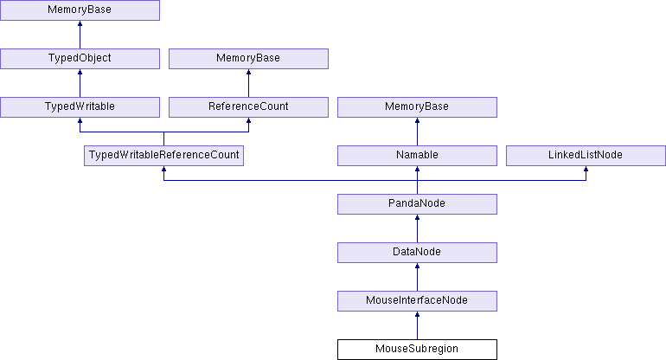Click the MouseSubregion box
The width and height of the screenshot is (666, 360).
(x=417, y=350)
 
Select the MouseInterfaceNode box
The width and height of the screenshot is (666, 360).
(x=417, y=301)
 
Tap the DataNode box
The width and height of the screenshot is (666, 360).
(x=417, y=253)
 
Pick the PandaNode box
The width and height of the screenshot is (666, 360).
(x=417, y=204)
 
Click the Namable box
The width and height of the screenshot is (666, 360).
(x=417, y=156)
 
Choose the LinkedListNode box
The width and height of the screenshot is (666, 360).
(x=586, y=156)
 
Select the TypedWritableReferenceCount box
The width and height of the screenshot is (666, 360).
(x=164, y=156)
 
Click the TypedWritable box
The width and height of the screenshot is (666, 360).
(x=80, y=107)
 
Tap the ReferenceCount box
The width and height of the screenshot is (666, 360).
(x=248, y=107)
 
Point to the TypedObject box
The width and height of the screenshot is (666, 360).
(x=80, y=59)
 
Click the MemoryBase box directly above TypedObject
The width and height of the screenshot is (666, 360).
(x=80, y=10)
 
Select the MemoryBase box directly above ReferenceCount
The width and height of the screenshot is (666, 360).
(x=248, y=59)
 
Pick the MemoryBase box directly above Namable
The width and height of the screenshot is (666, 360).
(x=417, y=107)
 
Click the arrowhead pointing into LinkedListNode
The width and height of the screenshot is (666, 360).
(x=586, y=169)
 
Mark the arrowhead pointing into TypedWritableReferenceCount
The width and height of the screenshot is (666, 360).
(x=164, y=169)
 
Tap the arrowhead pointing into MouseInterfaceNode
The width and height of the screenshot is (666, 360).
(x=417, y=314)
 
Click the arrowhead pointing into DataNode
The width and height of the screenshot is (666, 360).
(x=417, y=266)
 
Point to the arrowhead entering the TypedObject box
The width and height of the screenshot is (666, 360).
(x=80, y=72)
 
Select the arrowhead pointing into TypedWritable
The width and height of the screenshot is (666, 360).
(x=80, y=120)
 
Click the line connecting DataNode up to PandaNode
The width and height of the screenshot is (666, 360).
(x=417, y=228)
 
